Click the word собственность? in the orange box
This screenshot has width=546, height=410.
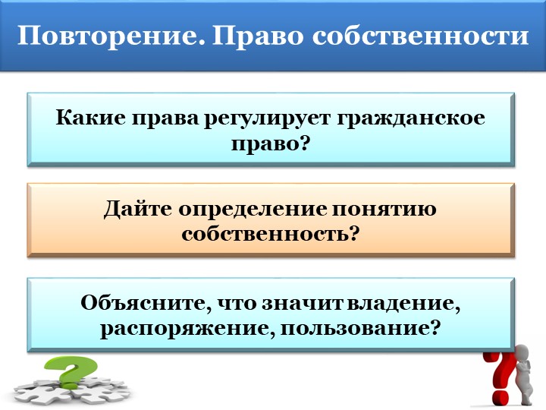tap(270, 233)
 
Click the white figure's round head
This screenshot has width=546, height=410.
tap(522, 354)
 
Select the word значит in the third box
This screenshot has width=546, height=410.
tap(300, 303)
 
